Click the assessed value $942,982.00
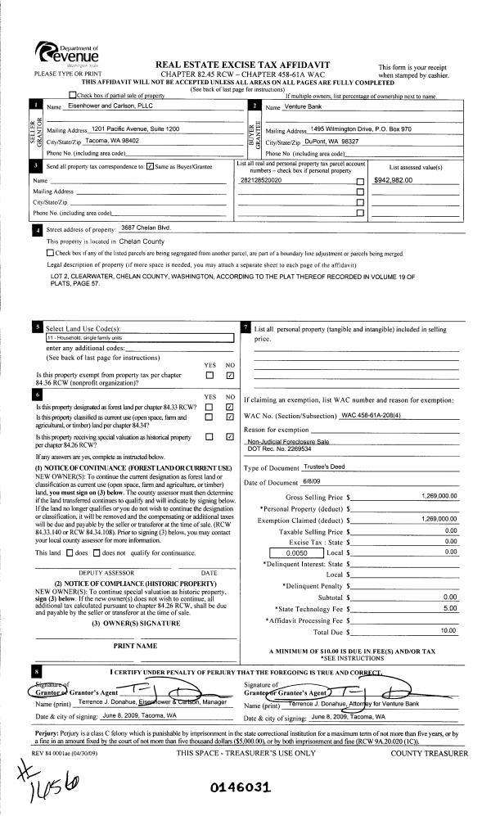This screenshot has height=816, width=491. point(396,178)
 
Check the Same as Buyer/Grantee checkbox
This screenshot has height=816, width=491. point(148,166)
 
